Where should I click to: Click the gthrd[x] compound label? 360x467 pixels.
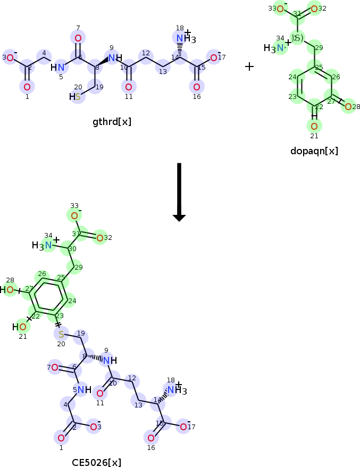point(112,122)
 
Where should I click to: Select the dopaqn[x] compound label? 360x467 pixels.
point(314,151)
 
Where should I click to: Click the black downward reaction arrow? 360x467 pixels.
point(179,191)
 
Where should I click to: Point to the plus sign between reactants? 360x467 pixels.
point(249,66)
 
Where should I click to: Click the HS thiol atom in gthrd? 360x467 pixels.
point(76,96)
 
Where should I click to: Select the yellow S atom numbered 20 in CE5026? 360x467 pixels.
point(61,334)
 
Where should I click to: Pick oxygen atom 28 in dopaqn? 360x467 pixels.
point(348,107)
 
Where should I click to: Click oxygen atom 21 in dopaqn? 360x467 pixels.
point(314,126)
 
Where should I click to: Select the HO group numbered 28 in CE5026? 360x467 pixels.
point(8,290)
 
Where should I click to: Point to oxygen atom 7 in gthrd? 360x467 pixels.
point(78,38)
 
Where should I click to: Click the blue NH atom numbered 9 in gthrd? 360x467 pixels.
point(113,57)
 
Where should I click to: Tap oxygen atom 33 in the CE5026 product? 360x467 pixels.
point(74,215)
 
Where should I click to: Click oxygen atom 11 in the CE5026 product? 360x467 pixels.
point(99,393)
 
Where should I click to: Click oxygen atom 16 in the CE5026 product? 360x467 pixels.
point(151,438)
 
